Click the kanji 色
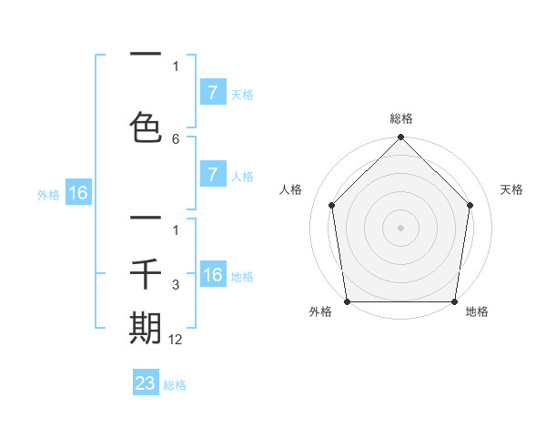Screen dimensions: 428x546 click(146, 127)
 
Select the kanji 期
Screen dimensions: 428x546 click(146, 328)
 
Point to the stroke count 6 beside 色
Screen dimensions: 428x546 click(176, 138)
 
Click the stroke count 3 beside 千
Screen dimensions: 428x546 click(176, 285)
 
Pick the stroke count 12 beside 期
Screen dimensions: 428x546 click(176, 339)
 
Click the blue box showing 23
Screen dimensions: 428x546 click(146, 383)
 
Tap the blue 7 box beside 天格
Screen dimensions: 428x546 click(212, 93)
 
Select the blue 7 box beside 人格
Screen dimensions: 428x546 click(212, 176)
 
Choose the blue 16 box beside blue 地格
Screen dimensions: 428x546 click(212, 276)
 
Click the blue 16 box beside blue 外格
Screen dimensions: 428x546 click(78, 193)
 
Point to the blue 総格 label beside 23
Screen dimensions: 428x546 click(176, 385)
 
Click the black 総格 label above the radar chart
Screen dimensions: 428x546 click(401, 118)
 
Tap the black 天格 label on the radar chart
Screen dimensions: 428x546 click(512, 189)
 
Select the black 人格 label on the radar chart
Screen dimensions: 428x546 click(291, 189)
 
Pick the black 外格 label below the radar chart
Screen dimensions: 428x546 click(320, 312)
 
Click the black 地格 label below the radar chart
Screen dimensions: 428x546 click(477, 312)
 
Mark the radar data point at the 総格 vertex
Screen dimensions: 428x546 click(401, 138)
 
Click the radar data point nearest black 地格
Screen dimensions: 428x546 click(455, 301)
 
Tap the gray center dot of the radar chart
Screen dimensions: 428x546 click(401, 227)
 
